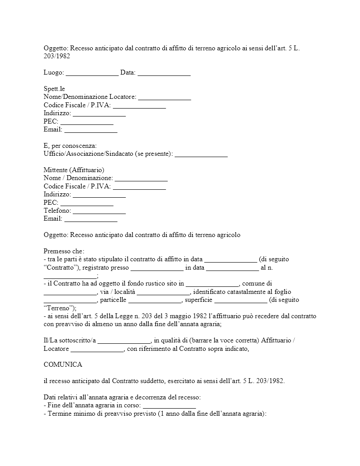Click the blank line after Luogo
(x=92, y=72)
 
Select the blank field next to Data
(x=164, y=72)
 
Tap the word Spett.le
(x=54, y=89)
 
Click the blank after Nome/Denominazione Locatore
(x=165, y=97)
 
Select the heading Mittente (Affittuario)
(x=74, y=170)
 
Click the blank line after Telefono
(x=99, y=210)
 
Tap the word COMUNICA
(x=63, y=365)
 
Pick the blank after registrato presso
(x=157, y=267)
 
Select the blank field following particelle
(x=155, y=300)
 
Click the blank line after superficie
(x=240, y=300)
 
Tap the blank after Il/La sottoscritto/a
(x=124, y=340)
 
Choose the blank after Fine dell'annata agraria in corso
(x=169, y=405)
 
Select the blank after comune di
(x=70, y=292)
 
